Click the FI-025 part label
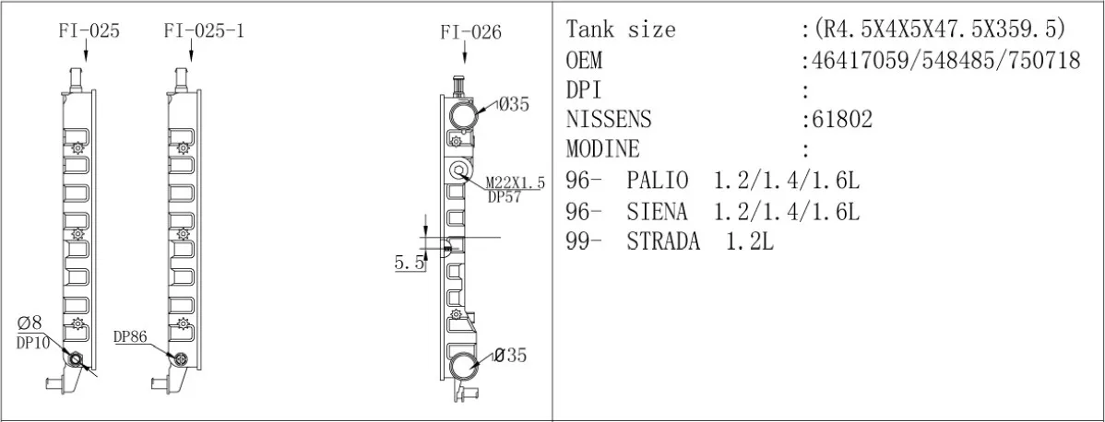point(89,31)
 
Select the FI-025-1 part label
point(205,31)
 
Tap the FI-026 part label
point(470,32)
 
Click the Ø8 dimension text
point(30,323)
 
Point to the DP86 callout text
point(130,337)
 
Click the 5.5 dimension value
point(409,264)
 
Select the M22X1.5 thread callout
point(516,184)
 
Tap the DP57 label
point(505,197)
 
